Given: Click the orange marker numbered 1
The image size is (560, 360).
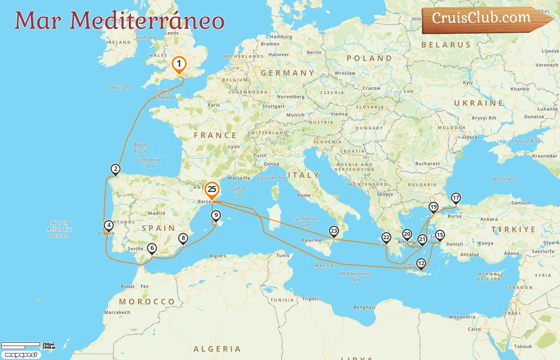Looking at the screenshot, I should (x=179, y=64).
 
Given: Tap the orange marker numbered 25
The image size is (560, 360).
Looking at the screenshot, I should (x=212, y=190).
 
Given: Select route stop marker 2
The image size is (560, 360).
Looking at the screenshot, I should (x=116, y=169).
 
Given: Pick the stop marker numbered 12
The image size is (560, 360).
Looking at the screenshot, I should (x=421, y=264).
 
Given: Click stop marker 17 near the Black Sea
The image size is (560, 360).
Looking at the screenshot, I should (x=456, y=198).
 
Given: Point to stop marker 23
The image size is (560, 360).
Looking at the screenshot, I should (x=334, y=231).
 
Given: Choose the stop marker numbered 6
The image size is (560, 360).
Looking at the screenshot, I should (x=152, y=248).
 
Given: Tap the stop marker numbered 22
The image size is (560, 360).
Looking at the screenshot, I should (x=386, y=238).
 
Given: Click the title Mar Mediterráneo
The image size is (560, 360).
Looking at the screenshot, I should (x=119, y=21).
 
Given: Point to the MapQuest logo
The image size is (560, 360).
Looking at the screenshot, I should (x=21, y=355).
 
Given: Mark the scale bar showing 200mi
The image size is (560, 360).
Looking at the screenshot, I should (x=21, y=345).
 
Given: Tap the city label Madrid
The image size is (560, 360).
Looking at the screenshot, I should (x=156, y=213).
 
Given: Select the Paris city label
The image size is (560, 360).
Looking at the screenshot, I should (x=214, y=105).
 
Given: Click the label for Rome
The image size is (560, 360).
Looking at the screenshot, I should (x=304, y=196).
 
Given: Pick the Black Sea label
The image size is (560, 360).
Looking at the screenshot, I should (x=504, y=179).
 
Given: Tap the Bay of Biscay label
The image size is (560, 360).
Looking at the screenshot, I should (x=140, y=148).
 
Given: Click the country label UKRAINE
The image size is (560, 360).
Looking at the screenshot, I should (x=478, y=103).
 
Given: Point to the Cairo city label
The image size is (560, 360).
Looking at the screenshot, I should (x=474, y=330).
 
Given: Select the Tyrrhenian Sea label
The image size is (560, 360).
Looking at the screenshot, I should (x=306, y=222).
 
